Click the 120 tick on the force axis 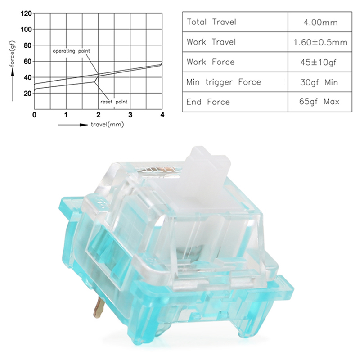[x=26, y=13]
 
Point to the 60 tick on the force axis [x=27, y=61]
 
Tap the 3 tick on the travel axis [x=130, y=115]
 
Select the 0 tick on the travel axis [x=34, y=115]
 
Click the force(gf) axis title [x=12, y=54]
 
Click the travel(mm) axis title [x=108, y=125]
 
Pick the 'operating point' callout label [x=72, y=51]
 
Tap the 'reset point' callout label [x=114, y=102]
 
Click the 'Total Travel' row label [x=211, y=22]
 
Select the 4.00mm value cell [x=320, y=22]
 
